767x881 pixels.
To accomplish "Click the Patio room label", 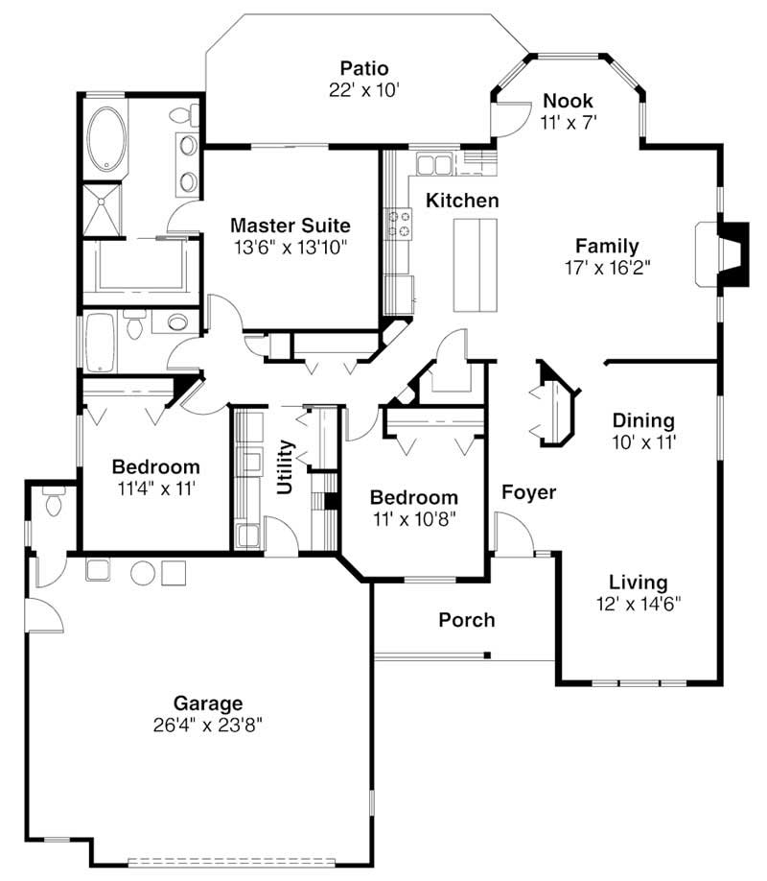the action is point(364,68).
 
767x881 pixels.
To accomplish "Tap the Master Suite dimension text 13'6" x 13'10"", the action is point(291,247).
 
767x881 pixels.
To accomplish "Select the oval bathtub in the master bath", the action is point(105,139).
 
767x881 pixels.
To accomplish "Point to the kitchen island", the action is point(476,265).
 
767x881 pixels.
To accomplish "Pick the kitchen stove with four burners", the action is point(398,223).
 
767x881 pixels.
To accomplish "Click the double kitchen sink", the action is point(434,164).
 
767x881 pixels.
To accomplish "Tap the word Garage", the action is point(208,702).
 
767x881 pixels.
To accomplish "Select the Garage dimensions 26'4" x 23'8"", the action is point(208,725).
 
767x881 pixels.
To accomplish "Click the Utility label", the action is point(286,467).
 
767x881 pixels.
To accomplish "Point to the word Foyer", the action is point(529,492).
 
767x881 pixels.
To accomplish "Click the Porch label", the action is point(467,620).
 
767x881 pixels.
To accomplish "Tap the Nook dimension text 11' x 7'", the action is point(569,122).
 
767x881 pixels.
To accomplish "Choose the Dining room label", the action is point(643,420).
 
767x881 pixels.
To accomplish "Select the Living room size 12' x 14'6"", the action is point(639,604).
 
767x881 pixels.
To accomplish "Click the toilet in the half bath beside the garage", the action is point(54,502).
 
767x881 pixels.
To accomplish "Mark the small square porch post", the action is point(487,655).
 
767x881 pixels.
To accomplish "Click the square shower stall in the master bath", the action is point(102,209).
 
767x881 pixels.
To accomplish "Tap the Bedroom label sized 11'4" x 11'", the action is point(156,466).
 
